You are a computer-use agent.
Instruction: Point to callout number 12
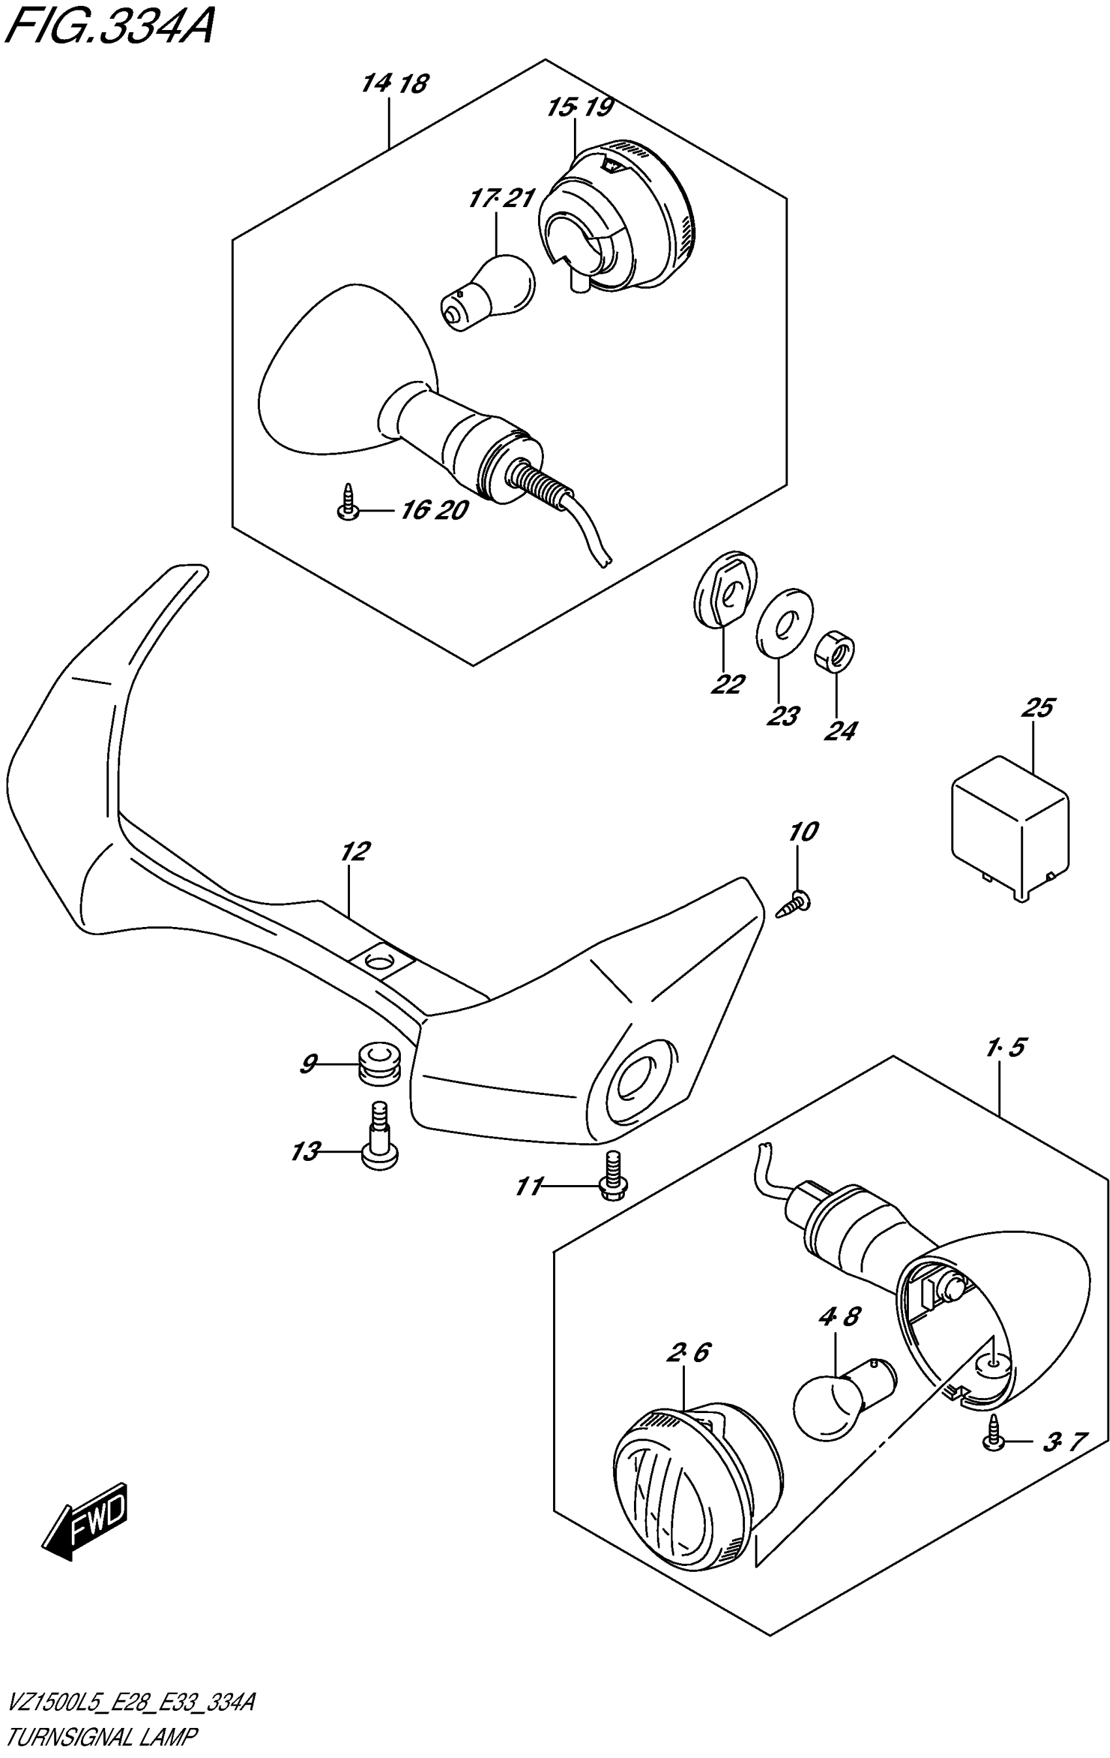pos(355,851)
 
